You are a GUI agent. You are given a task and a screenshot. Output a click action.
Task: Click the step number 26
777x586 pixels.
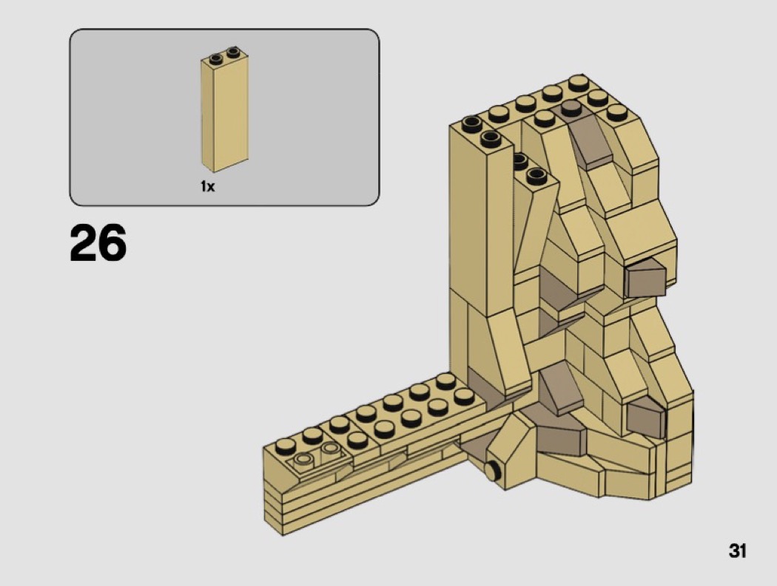point(98,242)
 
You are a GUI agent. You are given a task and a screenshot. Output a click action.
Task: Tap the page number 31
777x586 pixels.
point(737,551)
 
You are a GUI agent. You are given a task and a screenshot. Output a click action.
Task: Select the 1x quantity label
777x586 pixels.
point(208,187)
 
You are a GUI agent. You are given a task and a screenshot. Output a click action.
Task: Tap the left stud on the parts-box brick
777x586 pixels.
point(216,59)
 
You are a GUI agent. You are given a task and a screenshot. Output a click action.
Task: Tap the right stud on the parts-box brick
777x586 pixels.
point(233,51)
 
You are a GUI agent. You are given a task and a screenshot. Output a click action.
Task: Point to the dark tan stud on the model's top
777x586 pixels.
point(571,107)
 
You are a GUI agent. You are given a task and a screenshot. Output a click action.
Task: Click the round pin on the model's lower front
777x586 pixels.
point(491,471)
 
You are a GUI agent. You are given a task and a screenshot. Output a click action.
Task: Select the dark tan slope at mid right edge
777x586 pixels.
point(645,278)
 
